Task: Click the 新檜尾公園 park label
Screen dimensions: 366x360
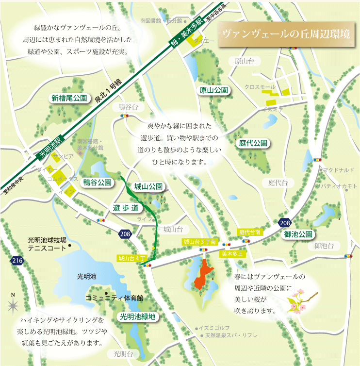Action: tap(69, 98)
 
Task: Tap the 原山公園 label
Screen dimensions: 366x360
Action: tap(214, 90)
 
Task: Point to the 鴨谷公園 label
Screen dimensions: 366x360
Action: tap(98, 183)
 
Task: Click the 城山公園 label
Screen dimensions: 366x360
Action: tap(148, 186)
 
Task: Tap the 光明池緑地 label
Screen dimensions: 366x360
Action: tap(138, 317)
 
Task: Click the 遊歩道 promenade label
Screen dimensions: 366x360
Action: tap(126, 208)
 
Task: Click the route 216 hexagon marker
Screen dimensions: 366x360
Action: tap(17, 261)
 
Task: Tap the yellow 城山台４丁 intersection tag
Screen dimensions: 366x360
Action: tap(131, 258)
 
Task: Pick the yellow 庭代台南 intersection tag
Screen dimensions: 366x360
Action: tap(250, 233)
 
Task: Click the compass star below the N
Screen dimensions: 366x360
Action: tap(13, 305)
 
